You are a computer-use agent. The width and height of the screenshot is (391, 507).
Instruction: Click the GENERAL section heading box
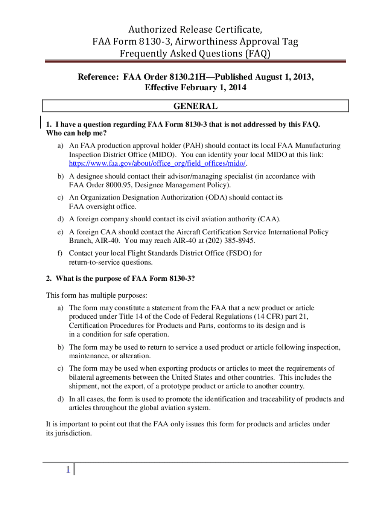[195, 106]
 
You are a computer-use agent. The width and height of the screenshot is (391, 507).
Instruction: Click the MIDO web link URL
[157, 164]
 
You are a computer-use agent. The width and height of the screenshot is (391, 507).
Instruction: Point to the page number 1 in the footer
[67, 470]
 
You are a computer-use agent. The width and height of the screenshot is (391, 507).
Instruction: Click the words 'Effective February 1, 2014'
[195, 87]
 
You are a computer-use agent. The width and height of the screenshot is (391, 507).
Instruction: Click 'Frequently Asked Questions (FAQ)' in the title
[195, 54]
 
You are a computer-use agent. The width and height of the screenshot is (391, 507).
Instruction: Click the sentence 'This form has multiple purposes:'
[96, 296]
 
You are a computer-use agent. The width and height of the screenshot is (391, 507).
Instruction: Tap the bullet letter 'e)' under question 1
[61, 232]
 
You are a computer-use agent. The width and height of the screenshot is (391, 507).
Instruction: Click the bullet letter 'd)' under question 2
[61, 399]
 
